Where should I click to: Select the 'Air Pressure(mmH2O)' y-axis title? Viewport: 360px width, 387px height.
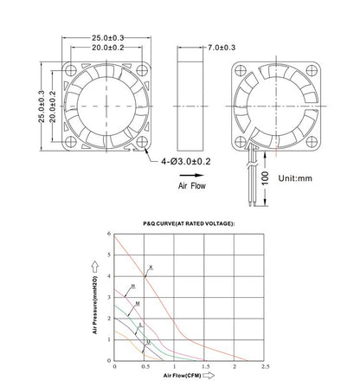pos(93,299)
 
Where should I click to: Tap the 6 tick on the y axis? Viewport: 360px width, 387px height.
pos(110,256)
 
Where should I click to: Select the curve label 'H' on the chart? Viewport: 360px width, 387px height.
pos(132,286)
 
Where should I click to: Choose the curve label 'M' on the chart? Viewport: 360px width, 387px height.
pos(138,304)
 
